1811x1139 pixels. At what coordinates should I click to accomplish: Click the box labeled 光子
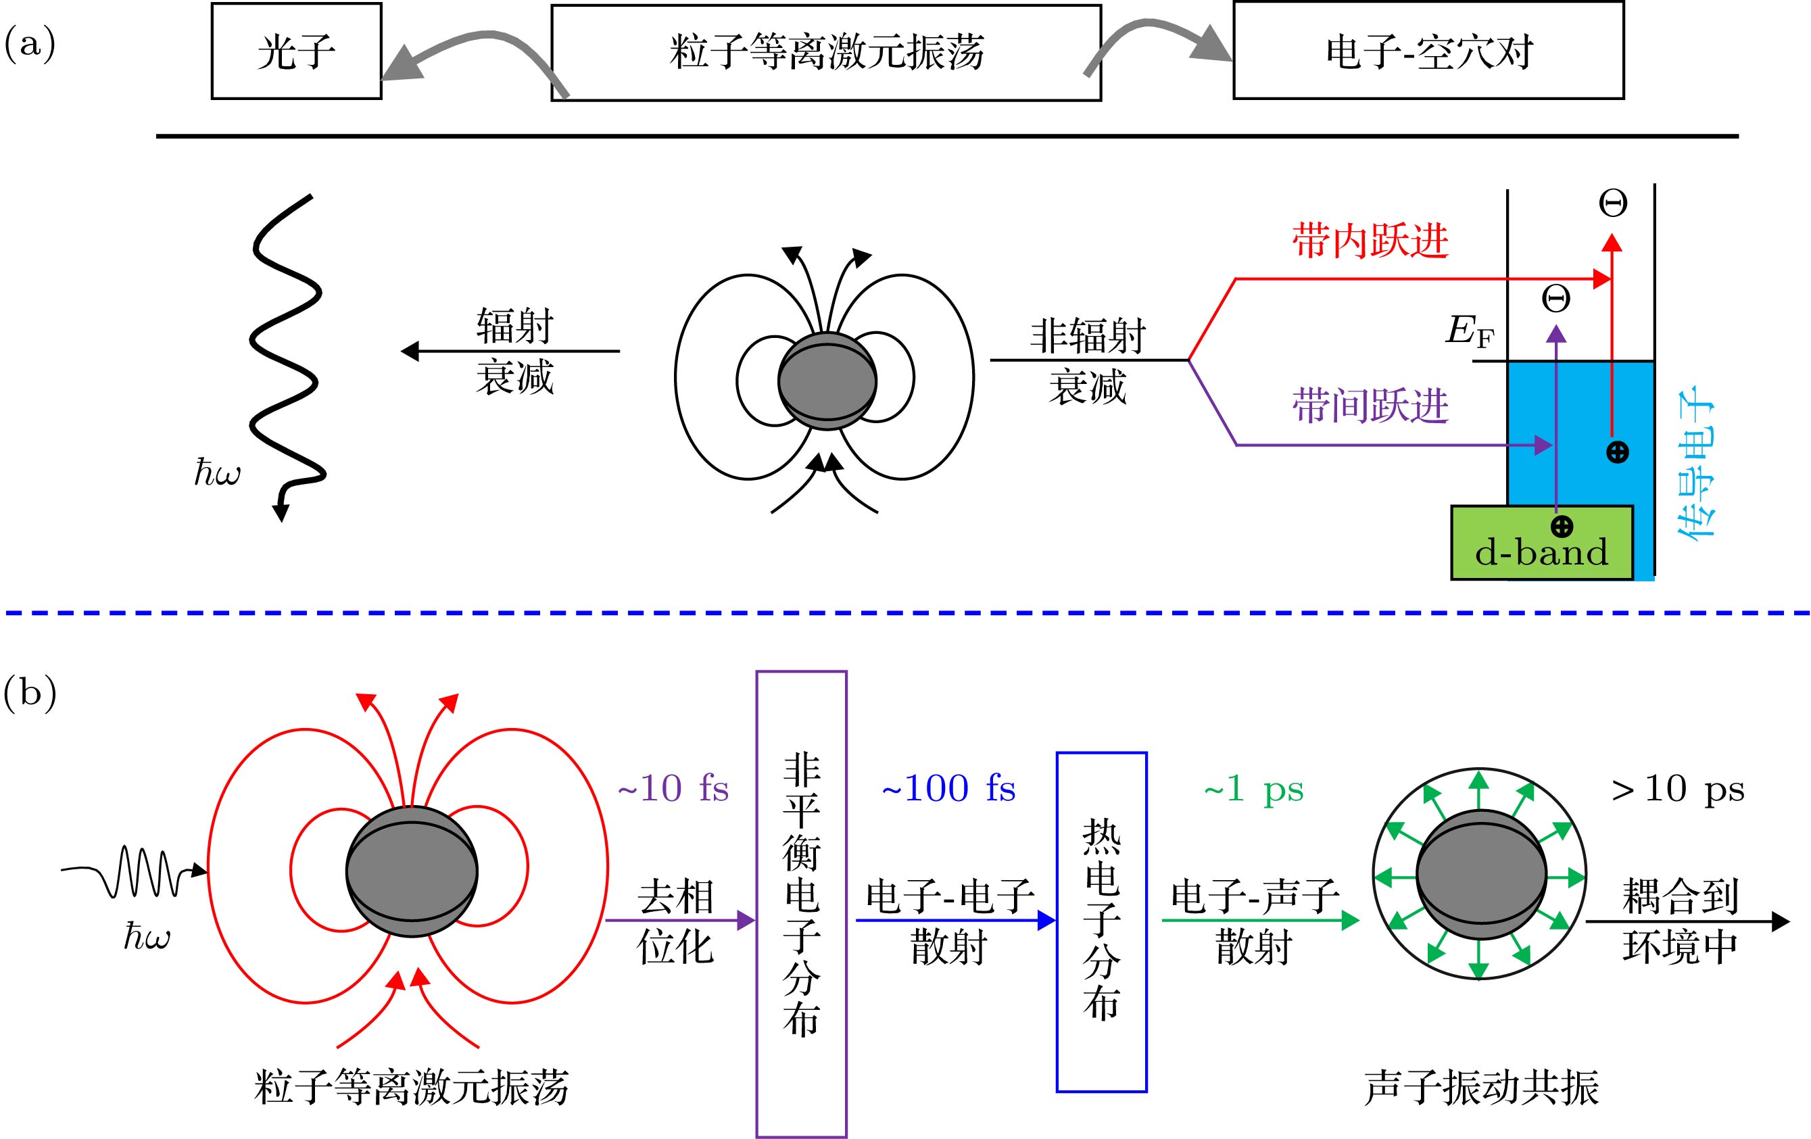[x=296, y=51]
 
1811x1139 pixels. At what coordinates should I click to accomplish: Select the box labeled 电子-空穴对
[x=1428, y=51]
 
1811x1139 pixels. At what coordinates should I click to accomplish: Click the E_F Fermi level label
[x=1470, y=331]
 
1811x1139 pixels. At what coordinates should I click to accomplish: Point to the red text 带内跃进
[x=1370, y=241]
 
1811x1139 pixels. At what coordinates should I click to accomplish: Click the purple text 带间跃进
[x=1370, y=406]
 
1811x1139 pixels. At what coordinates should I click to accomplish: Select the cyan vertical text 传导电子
[x=1697, y=462]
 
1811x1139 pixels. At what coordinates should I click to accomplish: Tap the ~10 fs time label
[x=673, y=789]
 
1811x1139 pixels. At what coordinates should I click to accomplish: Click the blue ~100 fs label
[x=948, y=789]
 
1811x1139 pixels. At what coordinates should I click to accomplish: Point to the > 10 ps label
[x=1677, y=789]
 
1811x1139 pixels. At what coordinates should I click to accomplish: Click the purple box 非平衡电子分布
[x=801, y=902]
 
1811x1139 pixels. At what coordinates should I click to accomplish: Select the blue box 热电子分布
[x=1101, y=921]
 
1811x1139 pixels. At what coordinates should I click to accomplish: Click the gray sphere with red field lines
[x=412, y=872]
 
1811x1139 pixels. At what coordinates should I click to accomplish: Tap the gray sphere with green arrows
[x=1480, y=875]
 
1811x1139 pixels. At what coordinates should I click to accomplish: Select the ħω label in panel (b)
[x=147, y=937]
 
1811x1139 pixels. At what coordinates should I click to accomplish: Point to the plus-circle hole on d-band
[x=1562, y=527]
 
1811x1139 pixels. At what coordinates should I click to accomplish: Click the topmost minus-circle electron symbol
[x=1612, y=202]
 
